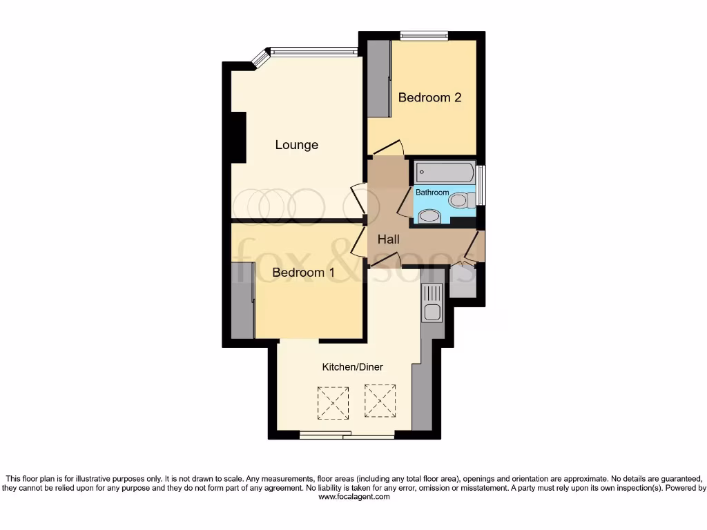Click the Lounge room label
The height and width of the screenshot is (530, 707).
click(x=297, y=145)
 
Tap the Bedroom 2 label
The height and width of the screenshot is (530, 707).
click(x=429, y=97)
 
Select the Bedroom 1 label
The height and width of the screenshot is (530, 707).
click(x=303, y=273)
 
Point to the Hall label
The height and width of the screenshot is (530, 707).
click(x=389, y=239)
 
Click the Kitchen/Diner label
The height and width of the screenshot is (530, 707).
click(x=352, y=366)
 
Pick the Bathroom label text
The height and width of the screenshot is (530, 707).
click(x=432, y=193)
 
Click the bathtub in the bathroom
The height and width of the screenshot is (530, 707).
click(x=444, y=172)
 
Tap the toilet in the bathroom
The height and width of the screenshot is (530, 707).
click(x=460, y=200)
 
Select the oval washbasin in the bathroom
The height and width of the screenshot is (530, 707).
click(x=429, y=217)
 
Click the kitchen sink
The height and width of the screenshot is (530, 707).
click(x=433, y=312)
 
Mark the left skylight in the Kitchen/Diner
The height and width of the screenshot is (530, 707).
click(x=333, y=402)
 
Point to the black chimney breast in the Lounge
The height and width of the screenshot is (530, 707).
click(x=239, y=137)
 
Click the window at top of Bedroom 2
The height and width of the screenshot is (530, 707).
click(x=424, y=36)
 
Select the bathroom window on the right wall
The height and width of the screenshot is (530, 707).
click(x=482, y=185)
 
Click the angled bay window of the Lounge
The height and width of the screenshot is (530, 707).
click(x=260, y=59)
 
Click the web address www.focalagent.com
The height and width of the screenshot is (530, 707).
click(x=353, y=496)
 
